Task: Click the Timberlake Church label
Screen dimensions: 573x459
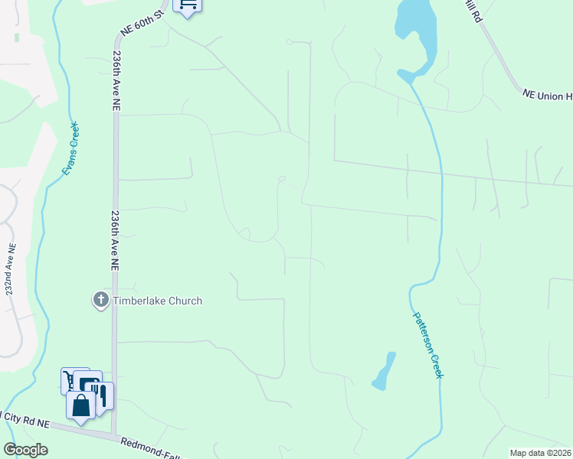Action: coord(158,301)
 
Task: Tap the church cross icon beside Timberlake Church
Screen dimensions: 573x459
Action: coord(101,300)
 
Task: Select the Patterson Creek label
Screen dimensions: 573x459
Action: coord(427,343)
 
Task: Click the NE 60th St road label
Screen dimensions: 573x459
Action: coord(142,24)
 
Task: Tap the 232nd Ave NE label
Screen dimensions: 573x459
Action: coord(10,270)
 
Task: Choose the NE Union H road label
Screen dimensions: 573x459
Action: coord(547,95)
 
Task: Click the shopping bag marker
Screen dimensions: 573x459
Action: coord(80,405)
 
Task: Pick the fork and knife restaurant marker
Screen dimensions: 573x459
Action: coord(102,395)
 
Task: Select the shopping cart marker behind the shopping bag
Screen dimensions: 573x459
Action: coord(69,379)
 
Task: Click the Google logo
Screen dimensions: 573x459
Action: coord(25,449)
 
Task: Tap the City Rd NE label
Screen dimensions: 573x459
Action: coord(25,418)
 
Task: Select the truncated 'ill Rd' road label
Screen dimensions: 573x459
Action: coord(470,11)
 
